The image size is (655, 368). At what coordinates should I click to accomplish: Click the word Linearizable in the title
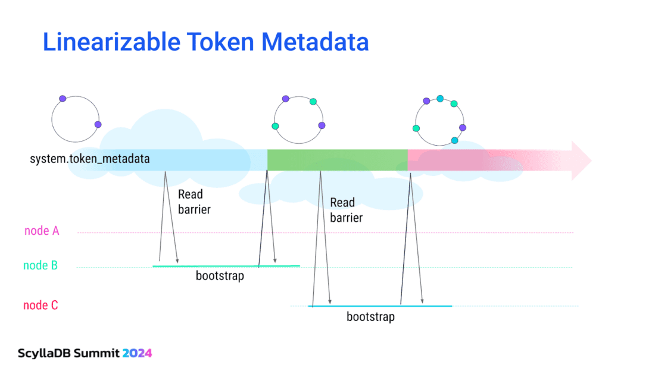(x=111, y=42)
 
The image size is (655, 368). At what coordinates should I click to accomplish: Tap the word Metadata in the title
(x=315, y=42)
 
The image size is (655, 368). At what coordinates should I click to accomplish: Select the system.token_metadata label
(x=90, y=159)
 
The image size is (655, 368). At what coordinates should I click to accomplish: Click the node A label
(x=42, y=231)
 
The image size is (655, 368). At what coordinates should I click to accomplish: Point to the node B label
(x=40, y=265)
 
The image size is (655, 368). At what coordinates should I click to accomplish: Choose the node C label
(x=40, y=305)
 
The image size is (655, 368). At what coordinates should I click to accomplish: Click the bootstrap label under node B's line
(x=220, y=276)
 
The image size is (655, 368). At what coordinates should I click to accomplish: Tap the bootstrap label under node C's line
(x=370, y=317)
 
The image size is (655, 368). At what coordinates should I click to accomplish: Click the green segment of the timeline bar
(x=338, y=160)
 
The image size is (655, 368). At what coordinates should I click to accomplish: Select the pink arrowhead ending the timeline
(x=581, y=161)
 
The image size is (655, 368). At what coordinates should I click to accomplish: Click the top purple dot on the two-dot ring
(x=63, y=99)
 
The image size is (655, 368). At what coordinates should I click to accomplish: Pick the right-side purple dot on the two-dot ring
(x=98, y=124)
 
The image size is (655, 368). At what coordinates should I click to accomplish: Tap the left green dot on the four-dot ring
(x=275, y=126)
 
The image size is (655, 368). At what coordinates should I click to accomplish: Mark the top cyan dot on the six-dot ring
(x=440, y=99)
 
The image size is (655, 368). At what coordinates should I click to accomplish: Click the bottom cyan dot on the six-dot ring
(x=455, y=141)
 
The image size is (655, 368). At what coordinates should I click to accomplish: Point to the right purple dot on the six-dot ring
(x=463, y=128)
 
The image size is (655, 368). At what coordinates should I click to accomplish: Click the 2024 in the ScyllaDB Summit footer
(x=137, y=353)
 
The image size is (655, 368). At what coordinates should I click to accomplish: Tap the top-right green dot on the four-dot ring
(x=313, y=102)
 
